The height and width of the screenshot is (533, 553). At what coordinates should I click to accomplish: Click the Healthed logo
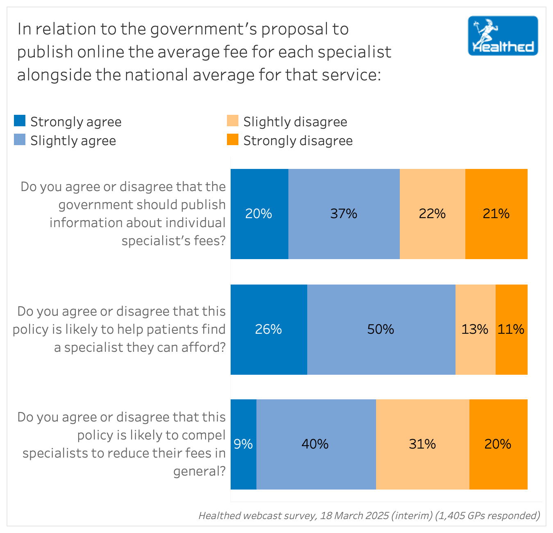503,36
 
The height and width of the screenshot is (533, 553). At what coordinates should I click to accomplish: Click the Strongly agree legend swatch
20,121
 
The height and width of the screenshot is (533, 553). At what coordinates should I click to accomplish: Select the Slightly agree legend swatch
20,140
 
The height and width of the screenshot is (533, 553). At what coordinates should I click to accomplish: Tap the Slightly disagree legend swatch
233,121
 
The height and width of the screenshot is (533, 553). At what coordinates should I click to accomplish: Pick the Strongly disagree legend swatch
233,140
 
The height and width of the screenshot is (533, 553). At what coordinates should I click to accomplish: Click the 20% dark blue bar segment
259,214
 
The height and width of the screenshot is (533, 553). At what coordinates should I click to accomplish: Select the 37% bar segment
344,214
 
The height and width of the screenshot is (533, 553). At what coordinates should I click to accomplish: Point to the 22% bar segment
432,214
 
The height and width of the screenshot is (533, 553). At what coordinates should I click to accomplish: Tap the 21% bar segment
496,214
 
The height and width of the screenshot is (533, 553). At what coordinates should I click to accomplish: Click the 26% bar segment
269,329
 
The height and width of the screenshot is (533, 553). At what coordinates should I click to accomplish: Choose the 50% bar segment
381,329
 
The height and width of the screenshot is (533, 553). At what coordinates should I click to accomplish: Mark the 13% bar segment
475,329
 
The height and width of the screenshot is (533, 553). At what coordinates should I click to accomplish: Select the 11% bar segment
511,329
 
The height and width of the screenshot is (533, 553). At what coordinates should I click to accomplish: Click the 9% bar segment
243,444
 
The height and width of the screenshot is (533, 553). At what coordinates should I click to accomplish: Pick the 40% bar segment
315,444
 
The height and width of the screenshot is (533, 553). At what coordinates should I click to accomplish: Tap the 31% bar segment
422,444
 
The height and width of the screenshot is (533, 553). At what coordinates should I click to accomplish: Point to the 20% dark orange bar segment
498,444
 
